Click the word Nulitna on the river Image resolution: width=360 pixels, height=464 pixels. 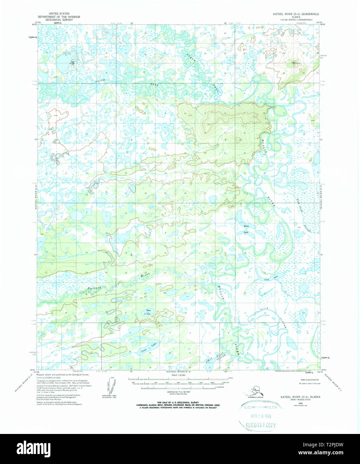pyautogui.click(x=94, y=287)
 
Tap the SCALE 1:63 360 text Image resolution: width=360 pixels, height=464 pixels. pyautogui.click(x=179, y=376)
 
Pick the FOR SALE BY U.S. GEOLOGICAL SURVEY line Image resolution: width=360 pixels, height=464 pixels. pyautogui.click(x=179, y=403)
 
